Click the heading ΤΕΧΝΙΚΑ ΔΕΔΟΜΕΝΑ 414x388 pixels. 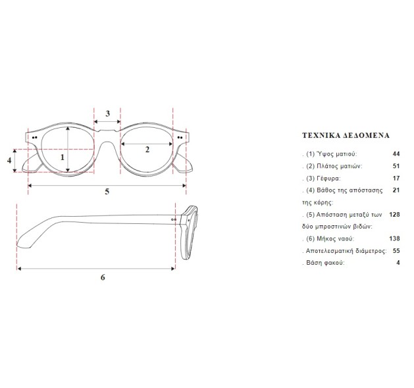(345, 135)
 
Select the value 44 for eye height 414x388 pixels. (396, 153)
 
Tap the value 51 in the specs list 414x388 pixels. (396, 166)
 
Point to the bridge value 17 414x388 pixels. (396, 179)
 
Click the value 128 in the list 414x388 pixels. (394, 215)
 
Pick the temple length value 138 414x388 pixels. (394, 238)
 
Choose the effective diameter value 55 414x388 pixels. (396, 251)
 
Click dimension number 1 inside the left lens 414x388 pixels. (63, 157)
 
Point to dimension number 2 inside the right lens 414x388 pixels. (147, 149)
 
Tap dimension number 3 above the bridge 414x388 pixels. (107, 113)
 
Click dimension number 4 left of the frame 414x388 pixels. (9, 160)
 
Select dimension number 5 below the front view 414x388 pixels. (107, 192)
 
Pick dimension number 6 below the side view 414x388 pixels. (103, 277)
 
